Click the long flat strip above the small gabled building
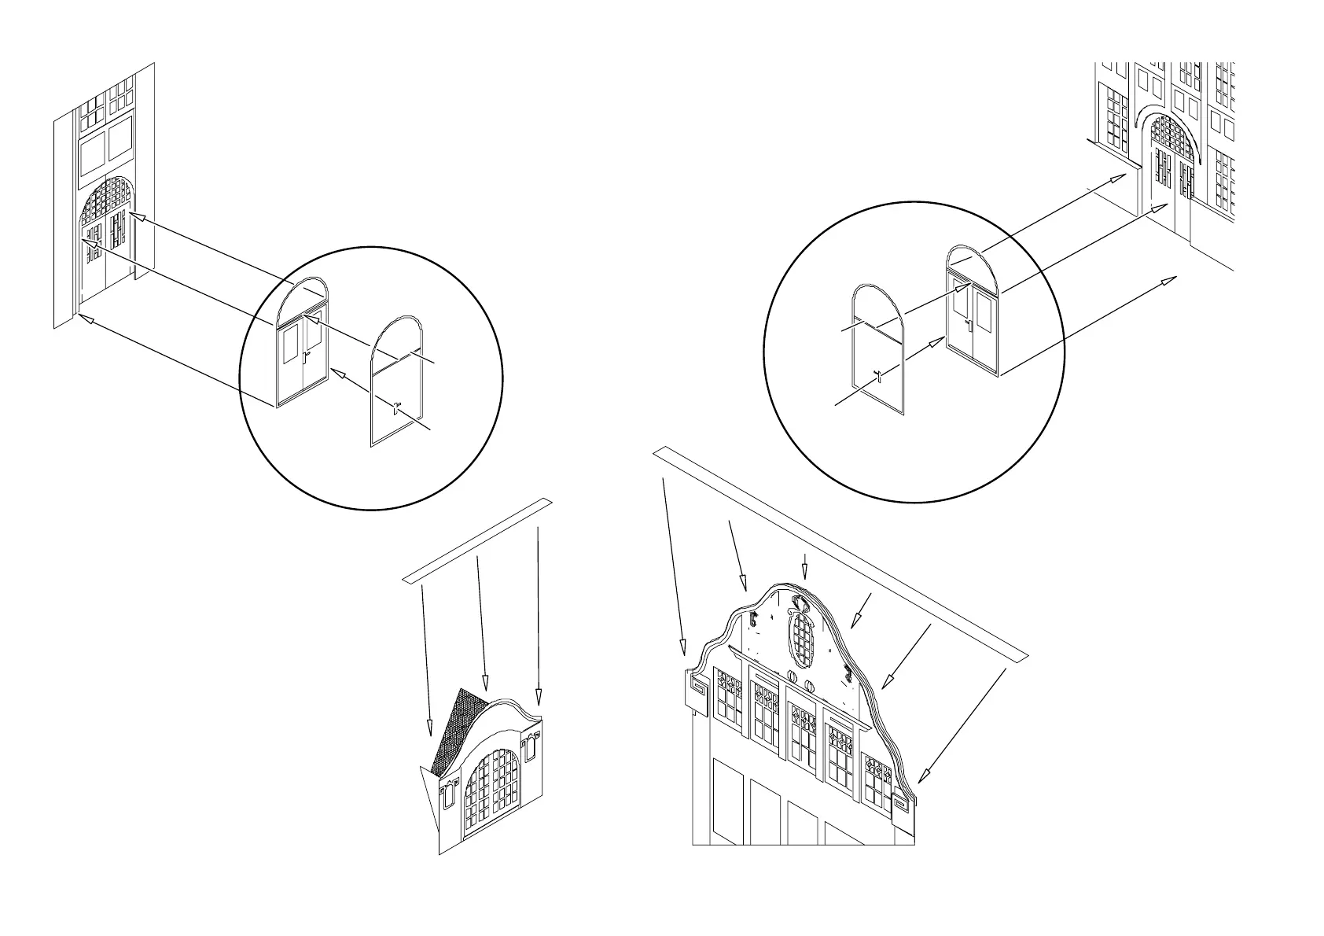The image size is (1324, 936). (477, 540)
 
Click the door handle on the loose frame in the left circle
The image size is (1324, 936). (397, 409)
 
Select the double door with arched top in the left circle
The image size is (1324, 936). (302, 346)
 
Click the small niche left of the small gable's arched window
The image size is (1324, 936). (447, 794)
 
